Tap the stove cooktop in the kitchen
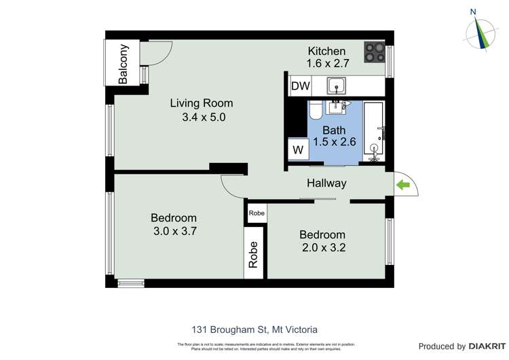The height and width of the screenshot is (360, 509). [374, 52]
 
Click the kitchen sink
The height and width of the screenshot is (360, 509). [336, 85]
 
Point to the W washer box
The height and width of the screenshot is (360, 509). [298, 149]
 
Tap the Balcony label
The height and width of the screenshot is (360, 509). [123, 64]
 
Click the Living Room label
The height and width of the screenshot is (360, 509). [201, 103]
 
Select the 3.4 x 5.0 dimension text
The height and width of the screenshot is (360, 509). [203, 117]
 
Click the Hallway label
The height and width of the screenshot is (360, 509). [326, 183]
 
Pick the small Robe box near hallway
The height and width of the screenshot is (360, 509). [256, 213]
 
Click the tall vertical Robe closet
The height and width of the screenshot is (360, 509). [253, 255]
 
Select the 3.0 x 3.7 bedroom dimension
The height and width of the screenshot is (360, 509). [174, 231]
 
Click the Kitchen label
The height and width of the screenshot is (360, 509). [326, 51]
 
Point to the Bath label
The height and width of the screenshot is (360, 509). [333, 130]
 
